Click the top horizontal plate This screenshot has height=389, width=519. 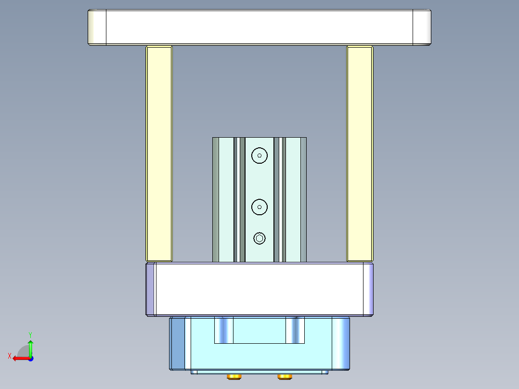259,27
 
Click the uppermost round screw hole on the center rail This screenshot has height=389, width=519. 259,156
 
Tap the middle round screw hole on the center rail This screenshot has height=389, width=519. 259,207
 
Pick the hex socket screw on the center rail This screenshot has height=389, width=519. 259,238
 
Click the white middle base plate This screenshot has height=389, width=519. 259,289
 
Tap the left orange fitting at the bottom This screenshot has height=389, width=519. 234,376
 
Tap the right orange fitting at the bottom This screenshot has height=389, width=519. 285,376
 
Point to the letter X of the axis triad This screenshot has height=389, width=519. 9,356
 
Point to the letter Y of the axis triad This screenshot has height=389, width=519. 30,334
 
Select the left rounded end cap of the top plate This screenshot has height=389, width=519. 97,27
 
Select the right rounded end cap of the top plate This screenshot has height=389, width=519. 422,27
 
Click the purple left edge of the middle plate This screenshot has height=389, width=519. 151,289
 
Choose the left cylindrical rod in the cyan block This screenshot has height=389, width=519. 224,330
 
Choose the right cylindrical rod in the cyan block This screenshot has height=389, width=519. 295,330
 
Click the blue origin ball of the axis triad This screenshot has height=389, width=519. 30,358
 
